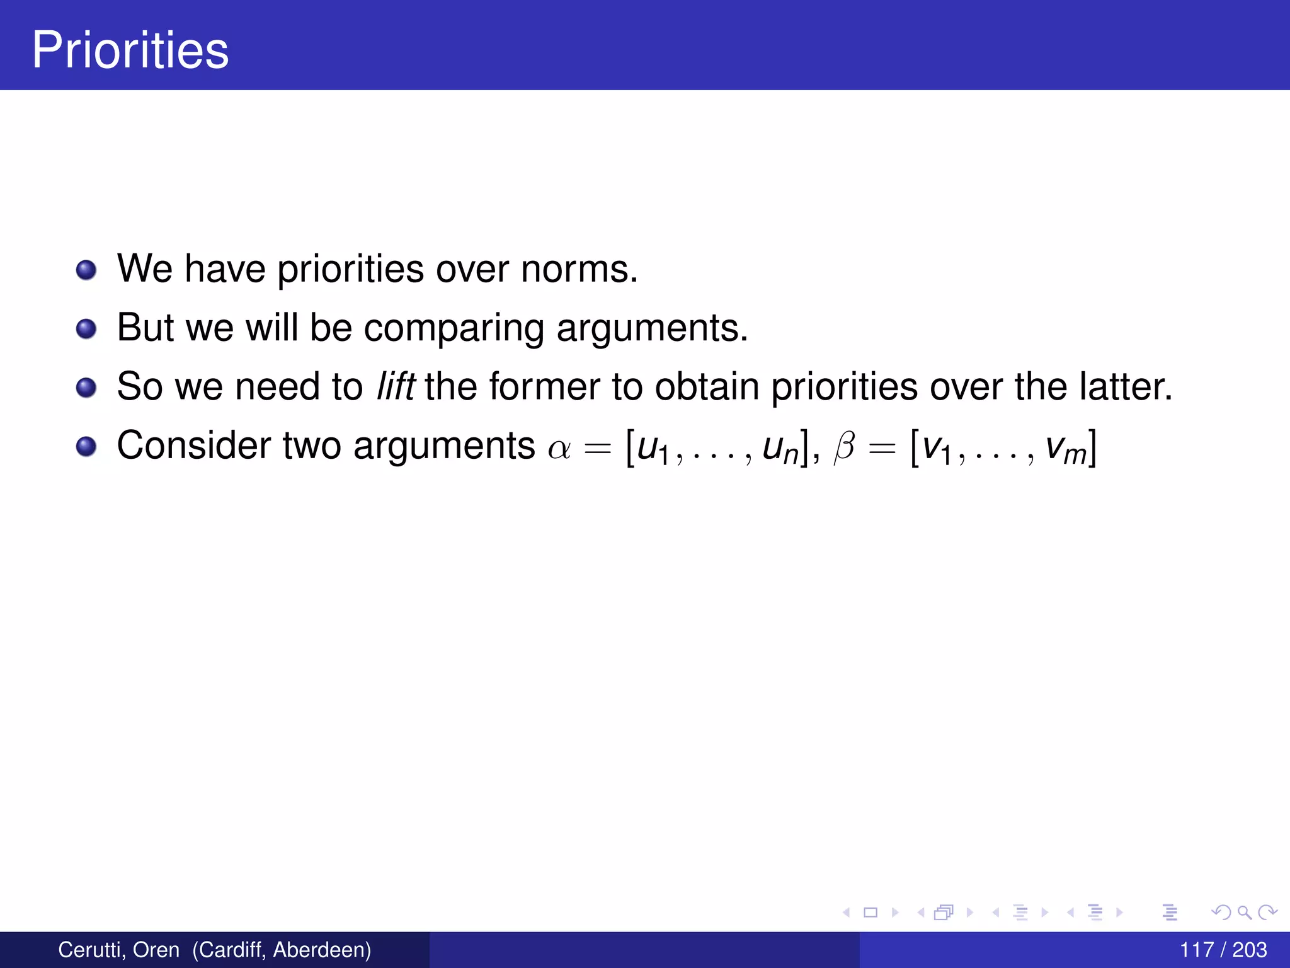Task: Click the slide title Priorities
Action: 130,50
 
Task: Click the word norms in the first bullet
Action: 579,269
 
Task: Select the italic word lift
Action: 395,386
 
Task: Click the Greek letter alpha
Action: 559,447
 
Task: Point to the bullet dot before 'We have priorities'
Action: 86,270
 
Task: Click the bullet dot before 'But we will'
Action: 86,329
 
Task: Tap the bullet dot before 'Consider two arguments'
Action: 86,447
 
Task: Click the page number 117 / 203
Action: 1223,950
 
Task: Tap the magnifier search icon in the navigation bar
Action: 1244,912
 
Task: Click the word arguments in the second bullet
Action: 652,328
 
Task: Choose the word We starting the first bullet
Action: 144,269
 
